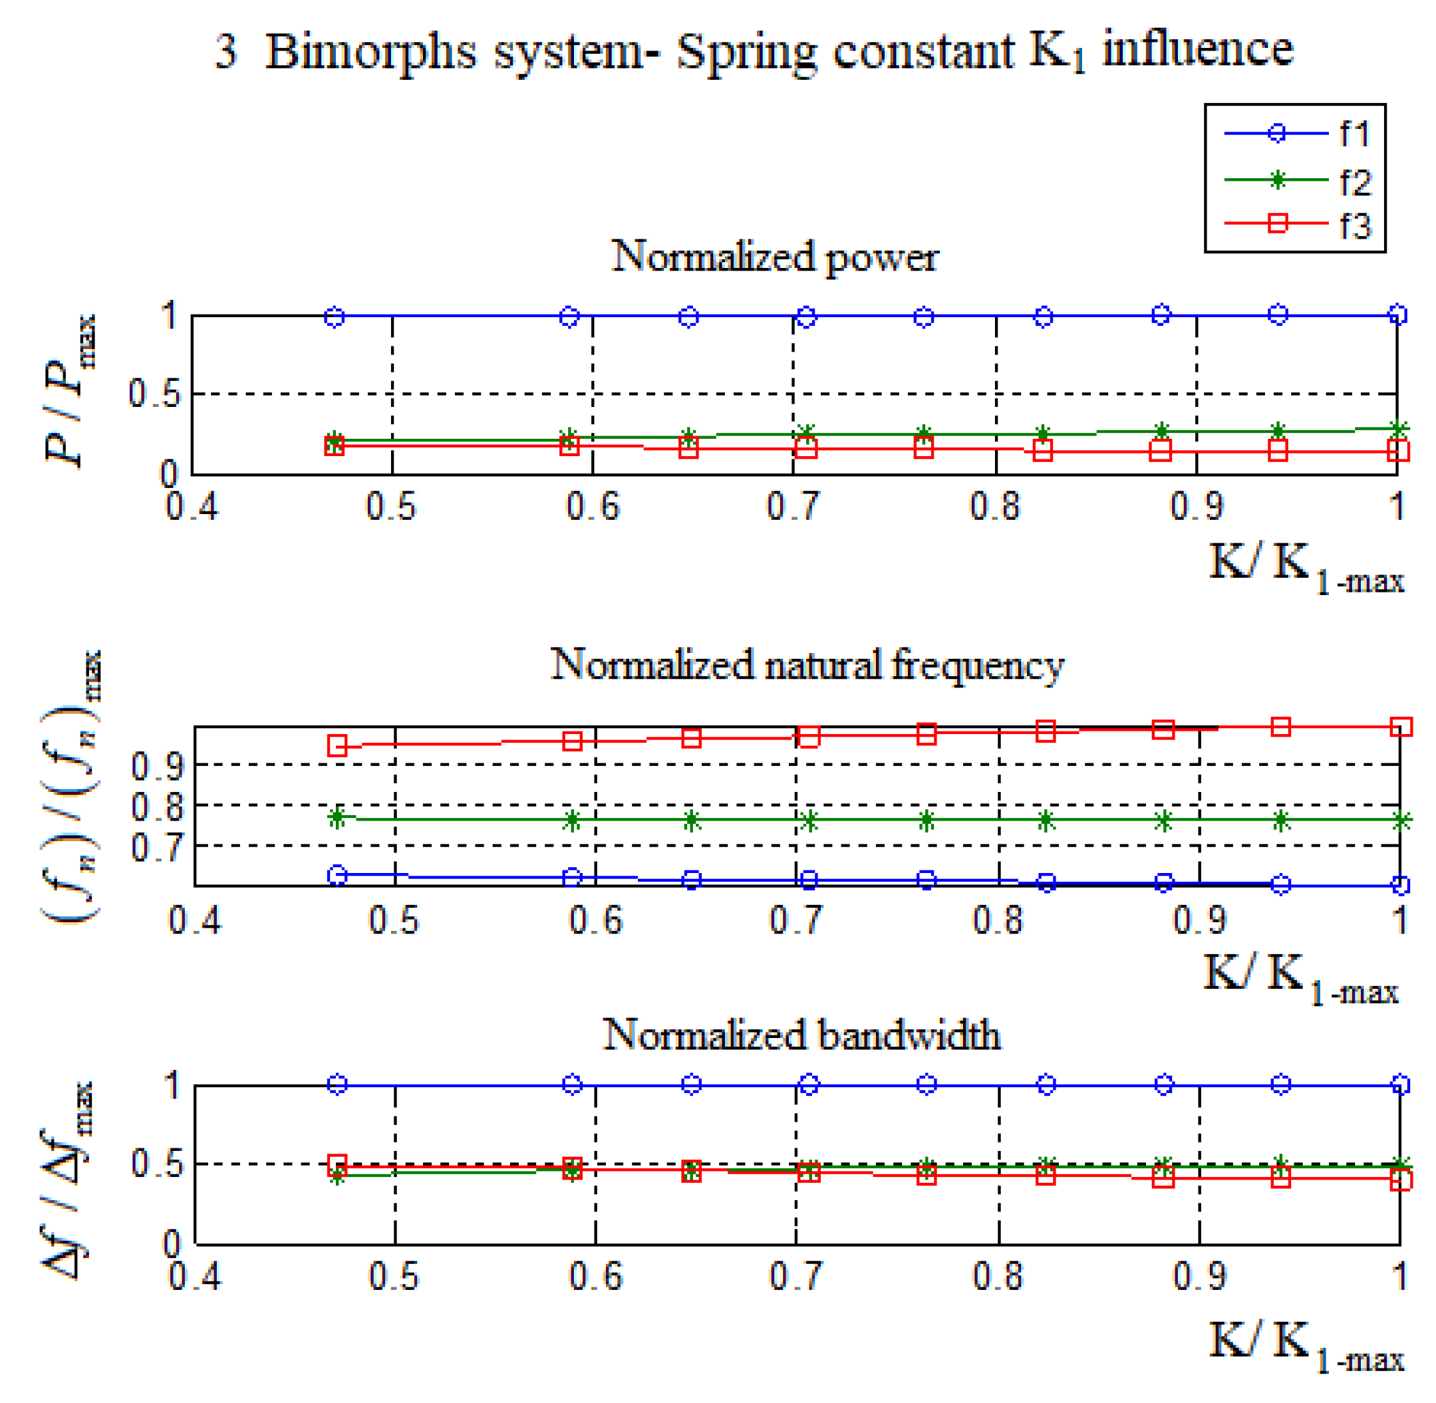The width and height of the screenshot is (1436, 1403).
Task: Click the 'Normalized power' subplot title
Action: point(774,258)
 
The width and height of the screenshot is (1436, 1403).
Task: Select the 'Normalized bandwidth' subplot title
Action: point(801,1035)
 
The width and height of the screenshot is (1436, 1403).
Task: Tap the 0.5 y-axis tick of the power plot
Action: point(154,394)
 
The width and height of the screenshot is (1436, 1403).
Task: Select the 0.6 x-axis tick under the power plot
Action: point(593,507)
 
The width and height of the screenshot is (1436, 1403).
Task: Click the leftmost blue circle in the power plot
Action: point(335,317)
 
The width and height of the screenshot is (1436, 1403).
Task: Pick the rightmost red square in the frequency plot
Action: point(1400,727)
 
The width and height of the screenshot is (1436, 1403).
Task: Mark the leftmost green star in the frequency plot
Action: point(338,817)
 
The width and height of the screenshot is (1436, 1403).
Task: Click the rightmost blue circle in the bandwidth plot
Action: point(1400,1084)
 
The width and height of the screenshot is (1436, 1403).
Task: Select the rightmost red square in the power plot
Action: point(1397,450)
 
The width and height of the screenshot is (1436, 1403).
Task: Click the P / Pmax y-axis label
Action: point(70,390)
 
